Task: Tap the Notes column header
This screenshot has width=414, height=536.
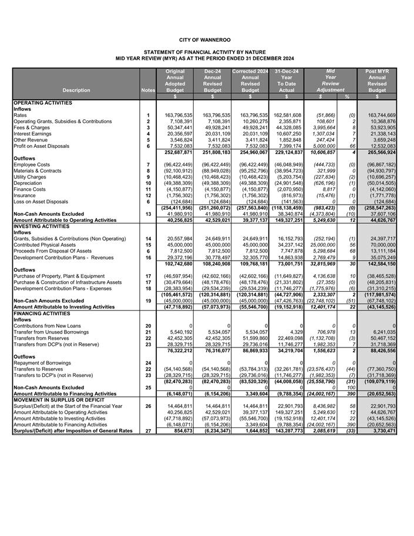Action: coord(149,90)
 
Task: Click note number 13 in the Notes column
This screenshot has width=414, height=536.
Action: coord(149,214)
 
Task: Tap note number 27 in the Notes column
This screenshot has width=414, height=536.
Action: coord(149,431)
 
